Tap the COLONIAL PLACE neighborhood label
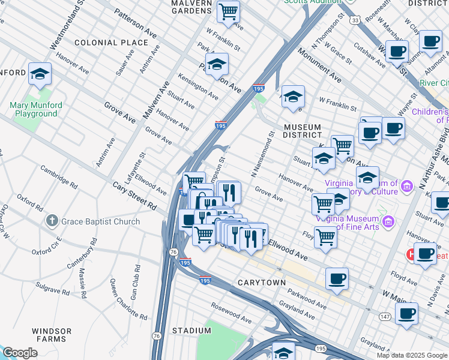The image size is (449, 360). coord(111,43)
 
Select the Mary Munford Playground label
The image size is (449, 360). coord(36,109)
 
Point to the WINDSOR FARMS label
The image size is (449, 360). coord(52,335)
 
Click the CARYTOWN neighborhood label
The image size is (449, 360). coord(260,282)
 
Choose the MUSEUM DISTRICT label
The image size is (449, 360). coord(303,131)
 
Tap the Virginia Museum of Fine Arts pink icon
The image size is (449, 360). coord(388,223)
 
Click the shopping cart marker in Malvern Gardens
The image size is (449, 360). coord(228,11)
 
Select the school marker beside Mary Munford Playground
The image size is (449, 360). coord(40,74)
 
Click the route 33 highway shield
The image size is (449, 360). coord(356,20)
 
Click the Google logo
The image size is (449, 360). coord(20,353)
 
